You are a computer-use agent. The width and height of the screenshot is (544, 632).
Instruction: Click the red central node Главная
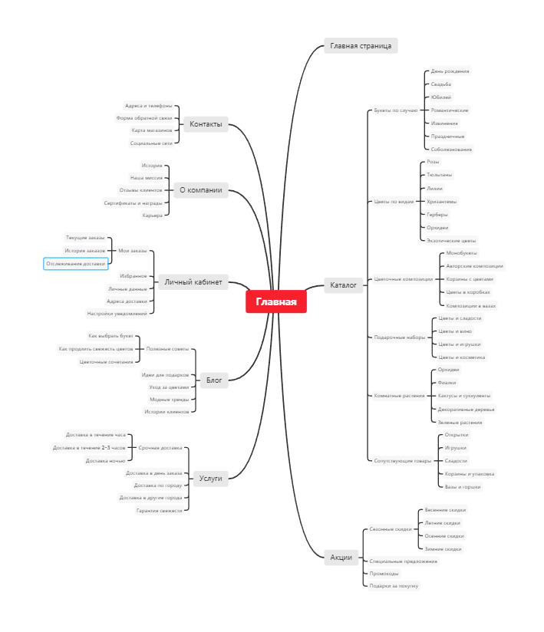coord(276,302)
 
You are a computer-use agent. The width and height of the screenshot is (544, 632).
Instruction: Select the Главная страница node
coord(361,46)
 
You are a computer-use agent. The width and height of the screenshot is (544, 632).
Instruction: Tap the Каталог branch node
coord(343,285)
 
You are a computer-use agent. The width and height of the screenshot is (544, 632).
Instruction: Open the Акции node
coord(341,558)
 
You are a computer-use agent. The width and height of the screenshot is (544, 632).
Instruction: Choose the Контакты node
coord(206,124)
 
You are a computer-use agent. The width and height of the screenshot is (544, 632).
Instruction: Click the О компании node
coord(201,190)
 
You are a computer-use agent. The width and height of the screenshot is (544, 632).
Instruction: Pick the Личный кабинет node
coord(193,282)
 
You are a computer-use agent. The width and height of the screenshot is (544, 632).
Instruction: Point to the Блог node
coord(215,380)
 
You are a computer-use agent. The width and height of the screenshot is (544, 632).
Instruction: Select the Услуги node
coord(210,479)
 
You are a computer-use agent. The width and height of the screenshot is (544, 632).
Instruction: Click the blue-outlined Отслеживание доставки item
coord(75,264)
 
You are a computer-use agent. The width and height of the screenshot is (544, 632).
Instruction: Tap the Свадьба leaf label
coord(441,84)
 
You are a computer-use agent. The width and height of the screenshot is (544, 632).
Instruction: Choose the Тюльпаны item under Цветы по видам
coord(440,175)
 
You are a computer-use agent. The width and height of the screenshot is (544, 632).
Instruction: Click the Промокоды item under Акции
coord(384,573)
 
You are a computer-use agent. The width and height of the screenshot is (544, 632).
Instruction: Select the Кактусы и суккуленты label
coord(463,396)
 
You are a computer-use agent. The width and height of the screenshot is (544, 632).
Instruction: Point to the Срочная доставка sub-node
coord(160,447)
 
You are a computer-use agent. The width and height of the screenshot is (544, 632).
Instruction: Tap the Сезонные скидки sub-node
coord(391,529)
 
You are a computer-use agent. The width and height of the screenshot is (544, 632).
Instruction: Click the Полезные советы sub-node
coord(167,349)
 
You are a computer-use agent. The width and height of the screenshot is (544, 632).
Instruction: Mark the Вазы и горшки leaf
coord(463,487)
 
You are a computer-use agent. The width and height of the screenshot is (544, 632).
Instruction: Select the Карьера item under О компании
coord(153,216)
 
